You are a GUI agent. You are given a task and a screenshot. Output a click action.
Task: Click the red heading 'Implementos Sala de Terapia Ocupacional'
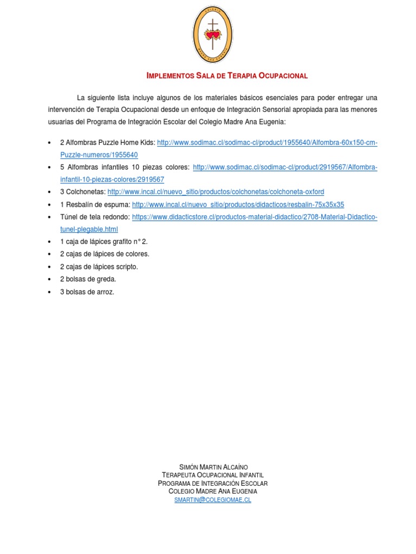point(227,76)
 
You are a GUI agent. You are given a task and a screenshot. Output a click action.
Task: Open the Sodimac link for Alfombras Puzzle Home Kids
point(267,142)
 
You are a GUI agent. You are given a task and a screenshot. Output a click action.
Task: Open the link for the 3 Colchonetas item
point(216,192)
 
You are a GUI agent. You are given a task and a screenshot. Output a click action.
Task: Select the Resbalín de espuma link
point(238,205)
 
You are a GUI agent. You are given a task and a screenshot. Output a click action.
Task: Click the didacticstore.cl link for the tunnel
point(255,217)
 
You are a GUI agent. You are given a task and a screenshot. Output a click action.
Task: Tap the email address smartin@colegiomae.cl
point(213,500)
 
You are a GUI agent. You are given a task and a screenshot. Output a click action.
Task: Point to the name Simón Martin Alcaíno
point(213,467)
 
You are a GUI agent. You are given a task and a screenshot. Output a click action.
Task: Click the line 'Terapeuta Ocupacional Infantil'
point(213,475)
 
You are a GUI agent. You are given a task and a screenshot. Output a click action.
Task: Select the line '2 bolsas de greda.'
point(88,279)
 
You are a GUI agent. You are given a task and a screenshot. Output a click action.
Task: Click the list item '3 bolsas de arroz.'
point(87,292)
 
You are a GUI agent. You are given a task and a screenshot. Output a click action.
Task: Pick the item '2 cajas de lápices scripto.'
point(99,267)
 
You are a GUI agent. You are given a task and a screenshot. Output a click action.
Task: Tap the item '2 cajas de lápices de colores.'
point(105,254)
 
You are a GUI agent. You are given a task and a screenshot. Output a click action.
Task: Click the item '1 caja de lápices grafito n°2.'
point(103,241)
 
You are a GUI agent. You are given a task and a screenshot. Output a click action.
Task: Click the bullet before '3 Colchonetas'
point(49,192)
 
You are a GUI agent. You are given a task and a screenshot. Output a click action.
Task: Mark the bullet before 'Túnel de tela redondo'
point(49,217)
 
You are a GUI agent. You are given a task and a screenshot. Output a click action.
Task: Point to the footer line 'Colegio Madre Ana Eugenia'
point(213,491)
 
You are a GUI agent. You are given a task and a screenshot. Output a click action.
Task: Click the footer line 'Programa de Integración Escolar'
point(213,483)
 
